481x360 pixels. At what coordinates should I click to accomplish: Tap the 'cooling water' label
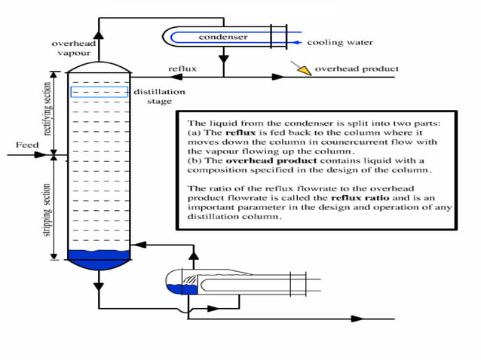point(340,42)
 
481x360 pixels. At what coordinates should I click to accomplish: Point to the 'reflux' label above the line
point(182,69)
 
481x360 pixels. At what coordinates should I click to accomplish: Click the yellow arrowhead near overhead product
point(303,69)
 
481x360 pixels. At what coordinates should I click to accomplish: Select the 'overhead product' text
point(357,69)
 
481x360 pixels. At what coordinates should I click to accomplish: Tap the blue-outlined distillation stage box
point(99,92)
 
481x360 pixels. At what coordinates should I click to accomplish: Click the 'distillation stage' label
point(159,96)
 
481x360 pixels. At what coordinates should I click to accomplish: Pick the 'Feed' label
point(26,144)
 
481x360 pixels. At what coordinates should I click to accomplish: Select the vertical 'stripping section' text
point(47,208)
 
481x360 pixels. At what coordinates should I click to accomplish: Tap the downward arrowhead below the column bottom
point(98,285)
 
